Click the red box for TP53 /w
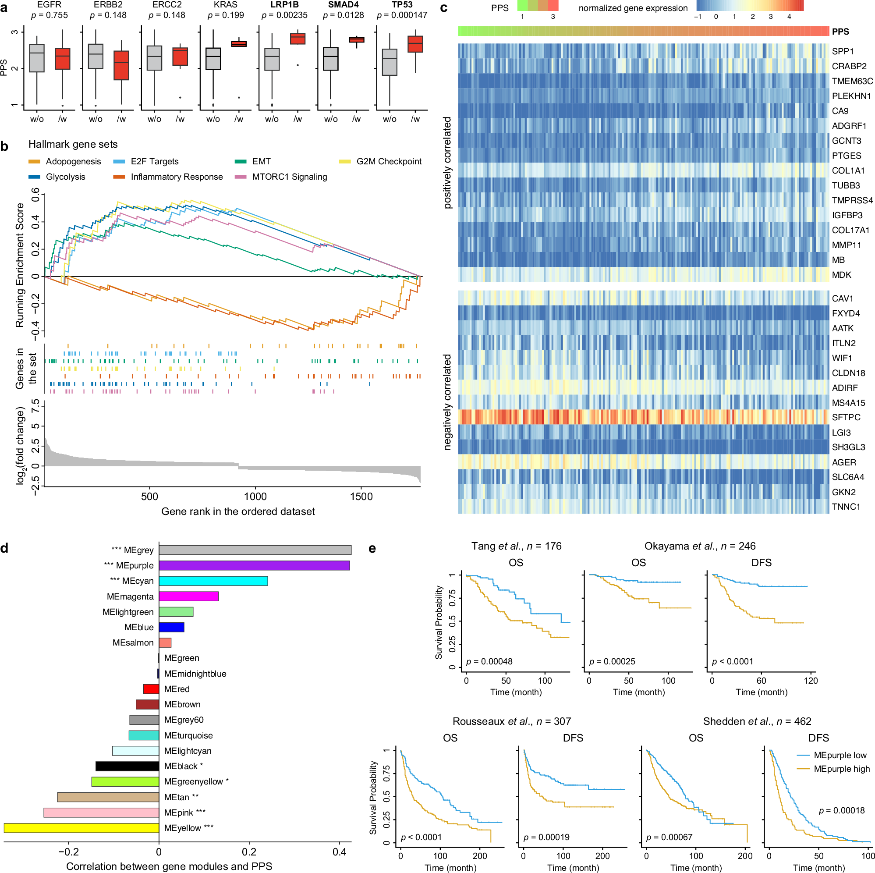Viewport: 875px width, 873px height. coord(415,44)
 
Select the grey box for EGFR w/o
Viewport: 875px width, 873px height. coord(37,58)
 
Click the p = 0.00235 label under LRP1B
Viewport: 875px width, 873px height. coord(284,15)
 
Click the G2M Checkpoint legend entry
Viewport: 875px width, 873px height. coord(388,162)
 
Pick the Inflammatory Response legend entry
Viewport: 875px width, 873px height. coord(176,177)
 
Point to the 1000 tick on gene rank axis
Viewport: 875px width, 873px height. coord(255,497)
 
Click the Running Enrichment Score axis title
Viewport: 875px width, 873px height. coord(19,265)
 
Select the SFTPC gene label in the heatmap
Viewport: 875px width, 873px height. coord(846,417)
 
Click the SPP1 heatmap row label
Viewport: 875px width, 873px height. coord(843,52)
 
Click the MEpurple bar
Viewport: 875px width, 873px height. coord(254,565)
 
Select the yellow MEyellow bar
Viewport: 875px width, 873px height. coord(81,828)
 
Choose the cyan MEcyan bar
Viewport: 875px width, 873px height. coord(213,581)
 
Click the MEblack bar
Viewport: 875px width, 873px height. coord(127,766)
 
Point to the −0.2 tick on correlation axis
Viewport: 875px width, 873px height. coord(69,852)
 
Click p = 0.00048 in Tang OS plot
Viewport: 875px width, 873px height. coord(489,661)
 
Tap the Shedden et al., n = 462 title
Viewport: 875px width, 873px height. coord(757,721)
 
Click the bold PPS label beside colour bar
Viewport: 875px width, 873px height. coord(840,32)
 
